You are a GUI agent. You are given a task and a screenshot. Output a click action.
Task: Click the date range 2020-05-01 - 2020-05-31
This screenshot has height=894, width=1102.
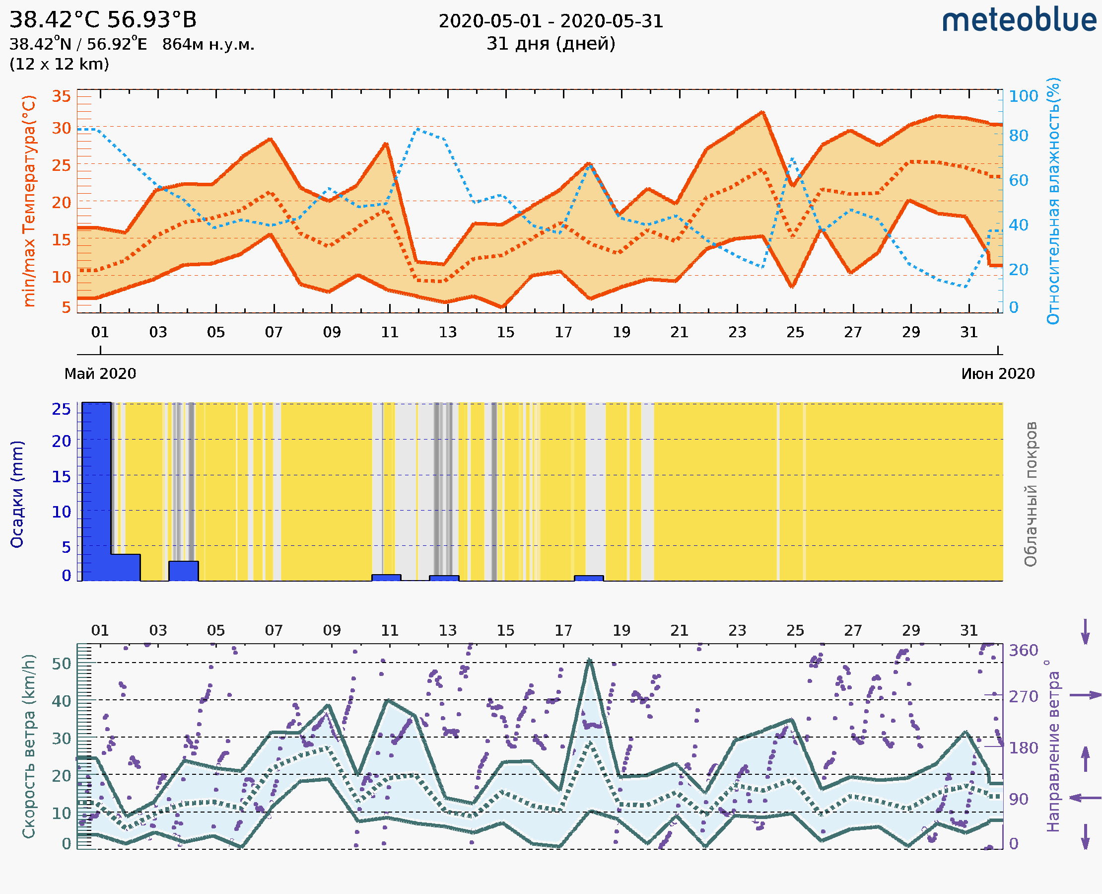tap(551, 21)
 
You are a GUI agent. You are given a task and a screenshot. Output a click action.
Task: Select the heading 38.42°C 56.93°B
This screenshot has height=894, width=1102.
tap(103, 20)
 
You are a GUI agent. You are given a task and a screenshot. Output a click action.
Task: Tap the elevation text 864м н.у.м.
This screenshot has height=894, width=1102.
tap(208, 45)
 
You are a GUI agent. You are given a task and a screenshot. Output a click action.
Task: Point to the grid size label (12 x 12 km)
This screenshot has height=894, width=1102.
tap(59, 65)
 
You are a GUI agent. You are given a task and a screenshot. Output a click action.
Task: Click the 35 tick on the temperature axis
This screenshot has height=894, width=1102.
tap(61, 96)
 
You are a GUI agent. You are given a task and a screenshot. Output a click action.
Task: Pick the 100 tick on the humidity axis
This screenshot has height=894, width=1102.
tap(1023, 96)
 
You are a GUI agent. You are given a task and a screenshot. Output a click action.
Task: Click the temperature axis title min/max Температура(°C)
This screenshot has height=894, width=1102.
tap(29, 201)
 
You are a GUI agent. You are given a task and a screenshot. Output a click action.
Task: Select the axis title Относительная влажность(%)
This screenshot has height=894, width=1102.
tap(1053, 201)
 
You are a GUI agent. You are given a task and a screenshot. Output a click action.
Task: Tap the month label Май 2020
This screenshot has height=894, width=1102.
tap(100, 374)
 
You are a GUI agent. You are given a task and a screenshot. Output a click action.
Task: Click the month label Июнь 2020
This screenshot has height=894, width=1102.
tap(998, 374)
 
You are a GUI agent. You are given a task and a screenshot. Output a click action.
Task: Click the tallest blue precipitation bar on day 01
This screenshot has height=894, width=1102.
tap(97, 489)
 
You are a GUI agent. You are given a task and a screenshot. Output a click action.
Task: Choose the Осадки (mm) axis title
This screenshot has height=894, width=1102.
tap(17, 494)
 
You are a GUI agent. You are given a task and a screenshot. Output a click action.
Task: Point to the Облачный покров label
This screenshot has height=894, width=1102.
tap(1031, 494)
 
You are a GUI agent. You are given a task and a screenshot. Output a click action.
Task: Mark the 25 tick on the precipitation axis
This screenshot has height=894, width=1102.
tap(61, 409)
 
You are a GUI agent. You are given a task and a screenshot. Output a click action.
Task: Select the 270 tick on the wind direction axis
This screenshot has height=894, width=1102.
tap(1023, 697)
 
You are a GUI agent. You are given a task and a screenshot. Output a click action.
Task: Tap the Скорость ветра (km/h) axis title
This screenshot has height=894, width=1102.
tap(29, 746)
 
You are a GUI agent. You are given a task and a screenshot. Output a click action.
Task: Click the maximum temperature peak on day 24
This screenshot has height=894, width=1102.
tap(762, 112)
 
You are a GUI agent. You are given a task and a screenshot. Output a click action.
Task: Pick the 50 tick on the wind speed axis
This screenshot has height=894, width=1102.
tap(61, 663)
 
